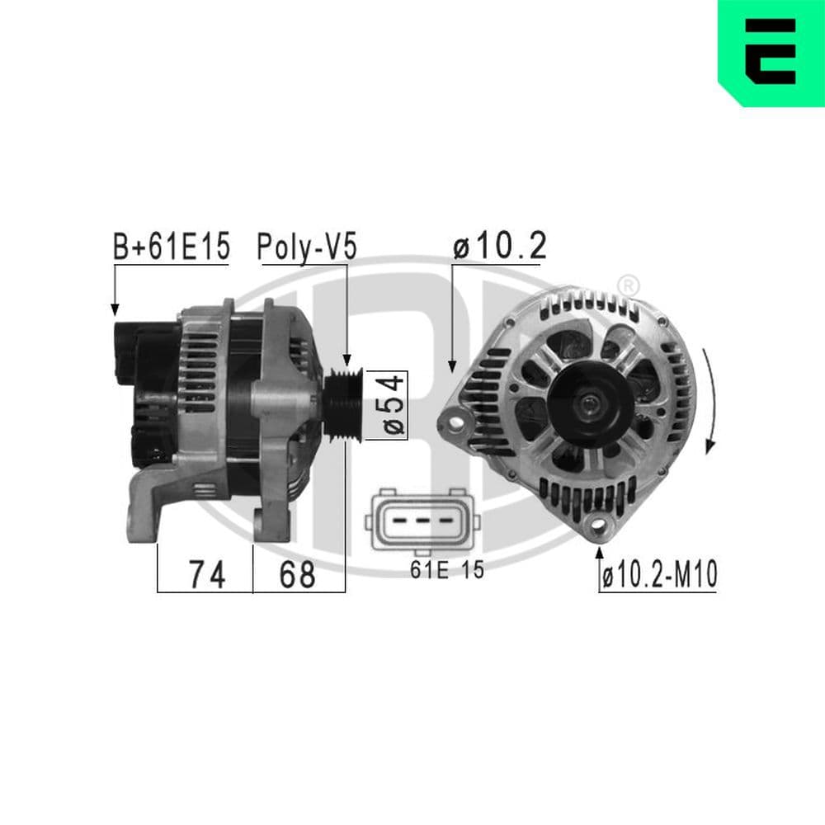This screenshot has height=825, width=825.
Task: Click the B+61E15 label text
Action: click(171, 247)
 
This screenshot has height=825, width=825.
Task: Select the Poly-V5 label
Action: click(307, 247)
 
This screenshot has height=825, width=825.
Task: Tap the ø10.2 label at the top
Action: click(500, 247)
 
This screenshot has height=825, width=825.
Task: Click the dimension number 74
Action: click(205, 575)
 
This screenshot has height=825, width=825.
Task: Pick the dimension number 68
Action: click(297, 575)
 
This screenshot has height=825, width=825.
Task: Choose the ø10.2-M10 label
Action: click(658, 576)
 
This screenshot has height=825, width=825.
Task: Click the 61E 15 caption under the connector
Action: click(446, 570)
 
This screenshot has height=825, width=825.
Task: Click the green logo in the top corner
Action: click(771, 52)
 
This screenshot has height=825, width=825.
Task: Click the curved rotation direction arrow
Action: click(710, 400)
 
